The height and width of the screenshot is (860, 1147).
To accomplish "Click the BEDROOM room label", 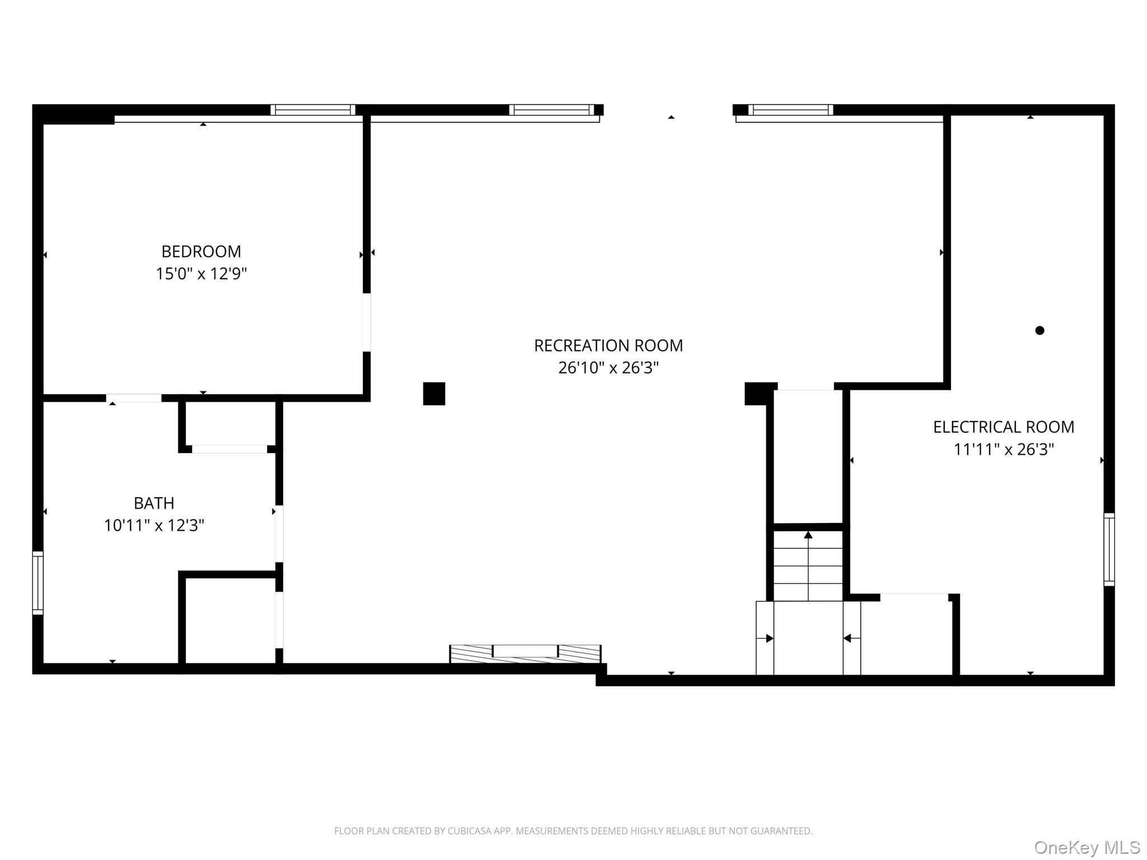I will pyautogui.click(x=201, y=251).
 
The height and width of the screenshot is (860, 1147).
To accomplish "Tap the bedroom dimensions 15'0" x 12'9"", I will pyautogui.click(x=201, y=274).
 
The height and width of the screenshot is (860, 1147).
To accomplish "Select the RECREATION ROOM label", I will pyautogui.click(x=608, y=345).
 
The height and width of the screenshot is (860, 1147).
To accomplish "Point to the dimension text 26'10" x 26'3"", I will pyautogui.click(x=608, y=368).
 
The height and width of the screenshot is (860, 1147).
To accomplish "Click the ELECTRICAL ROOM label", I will pyautogui.click(x=1003, y=427).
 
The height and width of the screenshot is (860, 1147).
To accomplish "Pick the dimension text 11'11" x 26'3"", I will pyautogui.click(x=1003, y=450).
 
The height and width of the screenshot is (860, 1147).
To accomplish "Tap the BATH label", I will pyautogui.click(x=154, y=503).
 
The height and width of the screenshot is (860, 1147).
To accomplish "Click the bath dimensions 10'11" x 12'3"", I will pyautogui.click(x=154, y=526).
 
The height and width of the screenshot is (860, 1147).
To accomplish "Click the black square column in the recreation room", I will pyautogui.click(x=433, y=394).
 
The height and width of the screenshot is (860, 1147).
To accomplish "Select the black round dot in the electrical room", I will pyautogui.click(x=1039, y=330).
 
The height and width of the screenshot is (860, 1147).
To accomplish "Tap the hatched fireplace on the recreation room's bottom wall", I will pyautogui.click(x=525, y=653).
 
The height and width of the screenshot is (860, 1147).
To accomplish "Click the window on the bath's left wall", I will pyautogui.click(x=38, y=583).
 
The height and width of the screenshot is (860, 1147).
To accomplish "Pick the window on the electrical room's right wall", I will pyautogui.click(x=1109, y=549).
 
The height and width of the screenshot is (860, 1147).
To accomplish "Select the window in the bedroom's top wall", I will pyautogui.click(x=313, y=110).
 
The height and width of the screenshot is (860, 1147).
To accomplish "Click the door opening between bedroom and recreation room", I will pyautogui.click(x=366, y=322).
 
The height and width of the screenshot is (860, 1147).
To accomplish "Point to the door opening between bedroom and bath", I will pyautogui.click(x=134, y=398).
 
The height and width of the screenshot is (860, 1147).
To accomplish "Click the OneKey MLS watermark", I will pyautogui.click(x=1087, y=847).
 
